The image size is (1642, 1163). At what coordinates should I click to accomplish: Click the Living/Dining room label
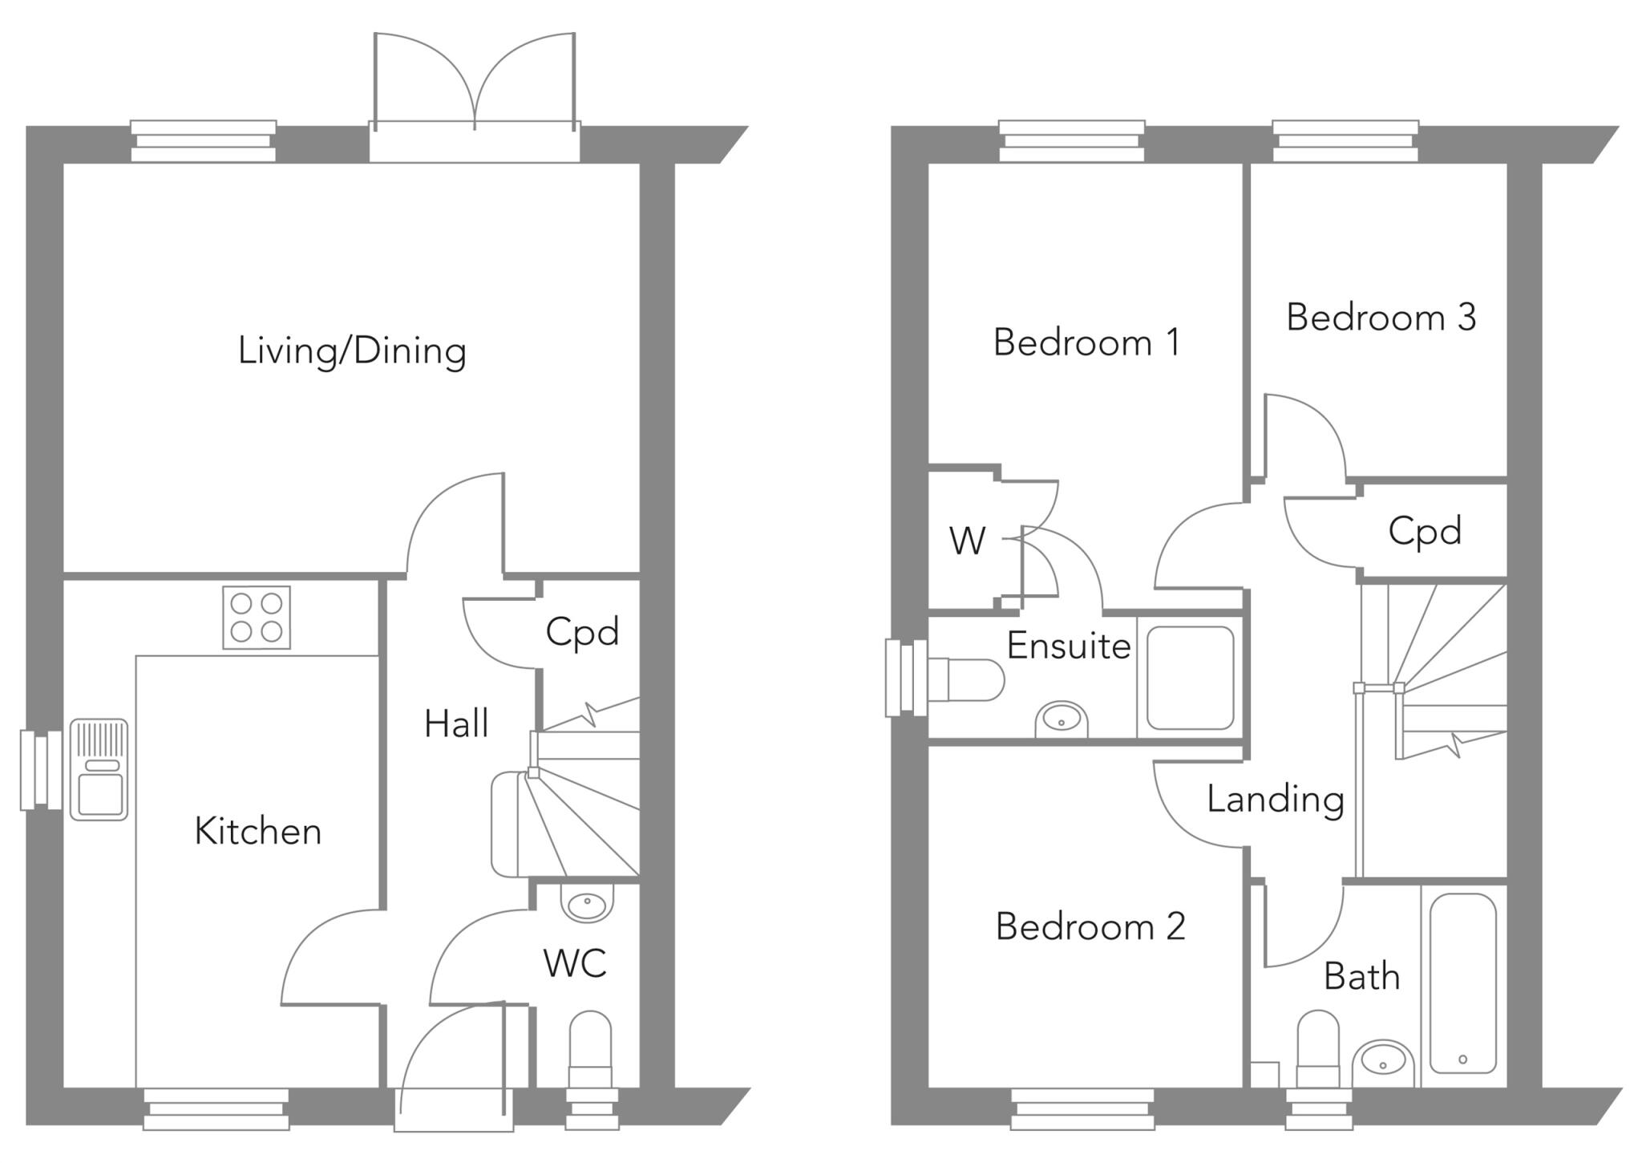point(352,351)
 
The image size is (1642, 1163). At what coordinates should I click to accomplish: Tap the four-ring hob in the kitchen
point(257,618)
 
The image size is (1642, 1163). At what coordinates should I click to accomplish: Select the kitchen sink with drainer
point(99,770)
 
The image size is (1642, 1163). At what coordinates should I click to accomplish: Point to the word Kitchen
point(258,831)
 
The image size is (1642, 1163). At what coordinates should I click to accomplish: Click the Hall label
point(456,723)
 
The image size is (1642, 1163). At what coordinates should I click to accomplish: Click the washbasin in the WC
point(589,903)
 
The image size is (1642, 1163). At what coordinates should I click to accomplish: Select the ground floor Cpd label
point(583,632)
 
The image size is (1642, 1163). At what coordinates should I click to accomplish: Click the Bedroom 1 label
point(1086,342)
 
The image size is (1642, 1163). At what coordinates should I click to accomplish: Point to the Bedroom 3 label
point(1381,317)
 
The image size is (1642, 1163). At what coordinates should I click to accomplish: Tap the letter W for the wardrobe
point(967,541)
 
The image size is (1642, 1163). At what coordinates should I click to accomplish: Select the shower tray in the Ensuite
point(1190,678)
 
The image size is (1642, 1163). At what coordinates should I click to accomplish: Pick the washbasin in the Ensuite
point(1062,719)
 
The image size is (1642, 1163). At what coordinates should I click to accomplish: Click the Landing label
point(1275,799)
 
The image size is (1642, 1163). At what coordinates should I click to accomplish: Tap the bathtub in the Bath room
point(1463,984)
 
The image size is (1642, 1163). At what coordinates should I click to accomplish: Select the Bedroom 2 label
point(1090,926)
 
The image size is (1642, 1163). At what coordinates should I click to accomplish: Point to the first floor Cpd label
point(1425,531)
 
